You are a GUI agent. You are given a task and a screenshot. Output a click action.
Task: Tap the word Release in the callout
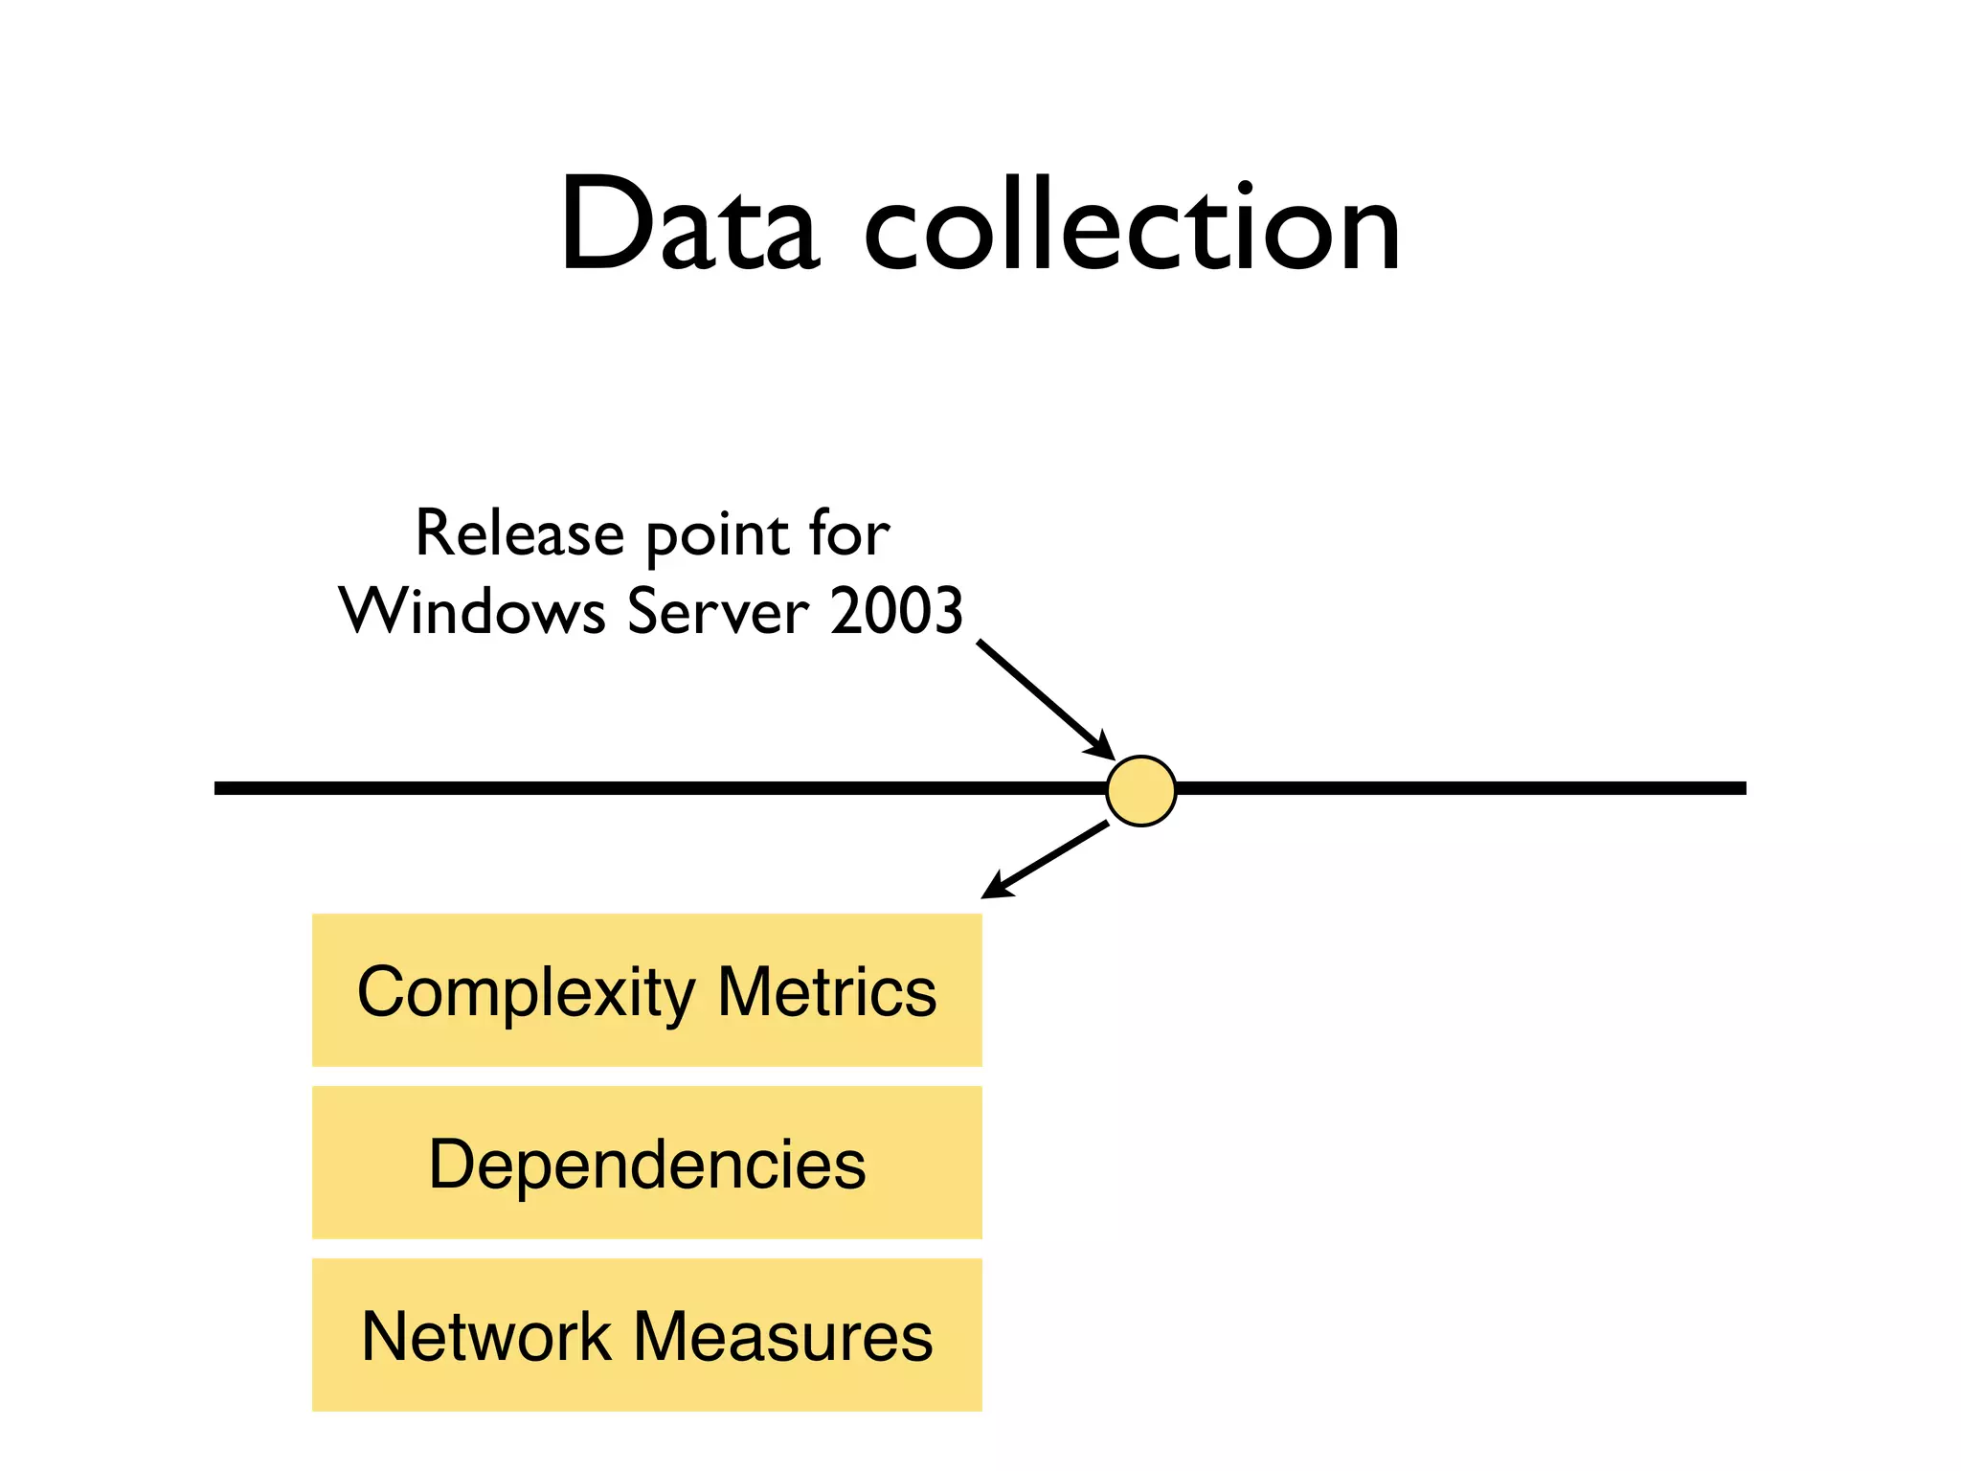519,533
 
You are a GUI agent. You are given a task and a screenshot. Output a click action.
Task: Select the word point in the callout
720,536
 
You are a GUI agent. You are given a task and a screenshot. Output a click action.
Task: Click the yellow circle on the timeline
1140,790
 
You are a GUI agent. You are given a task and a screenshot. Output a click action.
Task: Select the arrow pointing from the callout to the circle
1044,698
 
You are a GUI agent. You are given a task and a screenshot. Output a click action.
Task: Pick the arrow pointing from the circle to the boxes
1046,860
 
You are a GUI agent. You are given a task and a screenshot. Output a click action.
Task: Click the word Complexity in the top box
526,992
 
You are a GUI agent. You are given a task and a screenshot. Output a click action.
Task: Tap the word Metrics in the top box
826,992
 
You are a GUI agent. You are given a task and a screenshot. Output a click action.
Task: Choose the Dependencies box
647,1163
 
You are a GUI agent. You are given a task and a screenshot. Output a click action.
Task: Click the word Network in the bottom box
486,1336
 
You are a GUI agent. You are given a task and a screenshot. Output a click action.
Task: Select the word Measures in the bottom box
783,1336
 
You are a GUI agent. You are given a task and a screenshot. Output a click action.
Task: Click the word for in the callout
849,533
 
